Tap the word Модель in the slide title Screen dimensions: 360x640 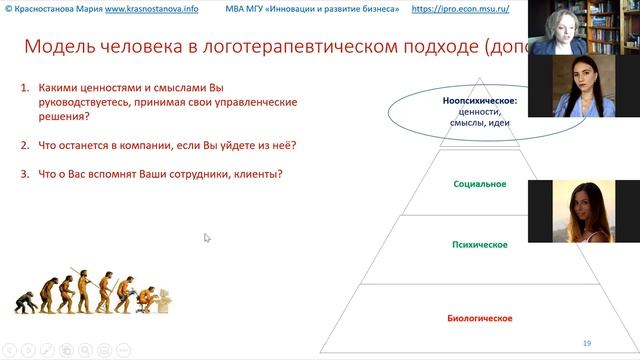(x=58, y=46)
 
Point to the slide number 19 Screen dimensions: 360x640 (x=587, y=340)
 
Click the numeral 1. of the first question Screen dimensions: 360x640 (x=26, y=88)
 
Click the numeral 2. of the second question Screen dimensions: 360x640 (x=26, y=146)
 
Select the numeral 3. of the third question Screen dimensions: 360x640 (x=26, y=175)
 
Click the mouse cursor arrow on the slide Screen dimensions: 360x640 (x=207, y=238)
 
